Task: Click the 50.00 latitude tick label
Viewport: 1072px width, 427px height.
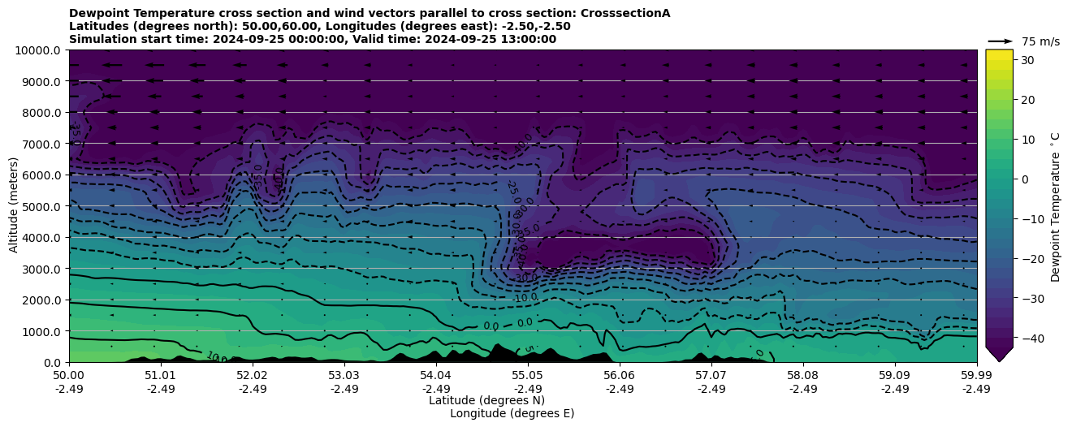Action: point(69,376)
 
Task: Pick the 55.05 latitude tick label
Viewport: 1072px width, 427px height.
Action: point(527,376)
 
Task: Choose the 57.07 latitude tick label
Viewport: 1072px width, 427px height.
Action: point(711,376)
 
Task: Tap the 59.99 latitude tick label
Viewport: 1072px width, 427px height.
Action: point(976,376)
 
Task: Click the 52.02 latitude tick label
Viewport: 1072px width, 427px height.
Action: point(252,376)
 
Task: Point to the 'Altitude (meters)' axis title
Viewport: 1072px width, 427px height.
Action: point(14,206)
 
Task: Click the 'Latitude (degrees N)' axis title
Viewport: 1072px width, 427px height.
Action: point(486,400)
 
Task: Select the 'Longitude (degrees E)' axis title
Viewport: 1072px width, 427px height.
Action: point(512,413)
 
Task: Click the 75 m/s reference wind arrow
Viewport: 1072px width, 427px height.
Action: point(1000,41)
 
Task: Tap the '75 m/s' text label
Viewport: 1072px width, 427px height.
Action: point(1040,41)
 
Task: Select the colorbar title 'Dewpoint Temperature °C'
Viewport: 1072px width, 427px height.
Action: point(1056,206)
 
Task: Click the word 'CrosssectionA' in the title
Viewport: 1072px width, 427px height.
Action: point(625,13)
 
